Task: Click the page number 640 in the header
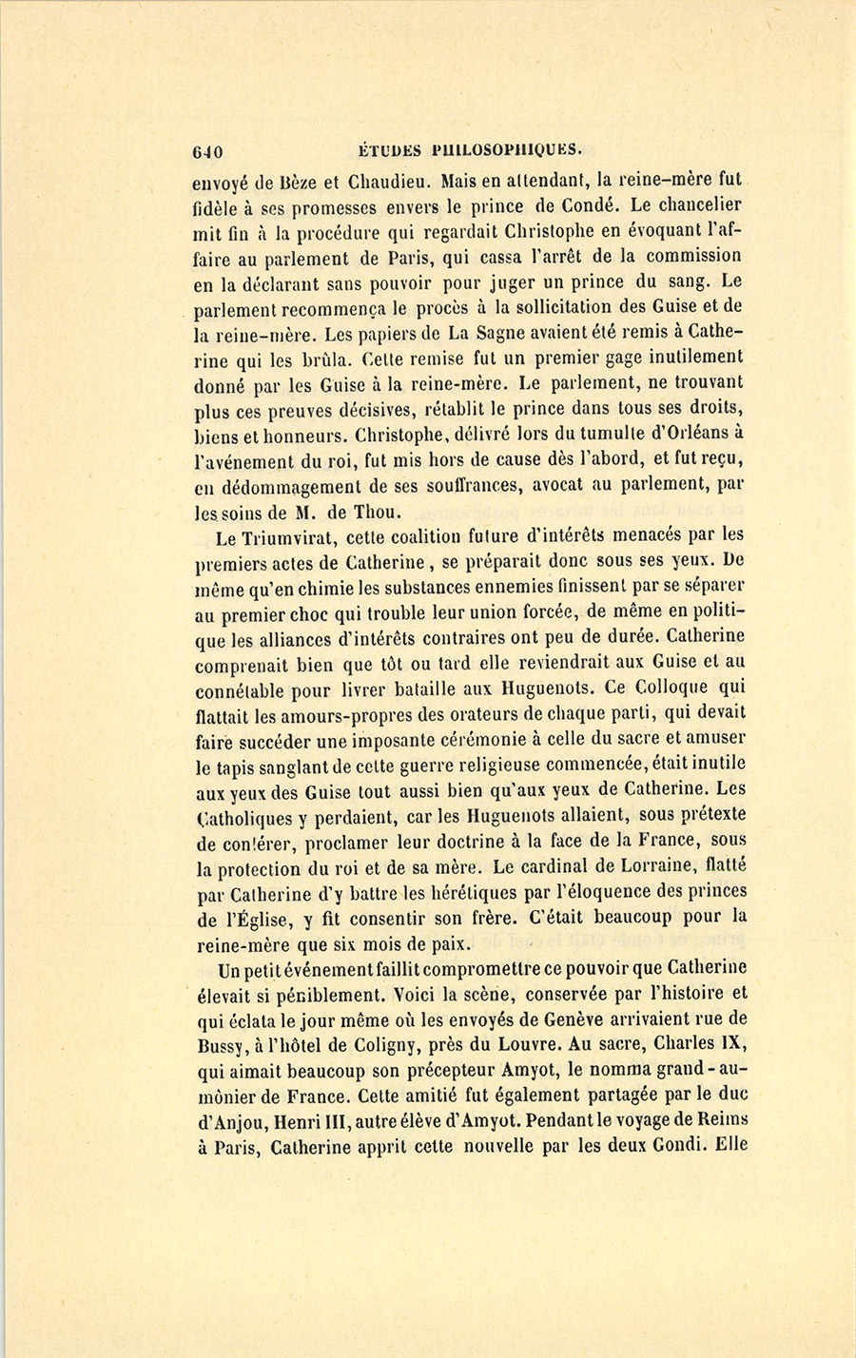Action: (x=207, y=150)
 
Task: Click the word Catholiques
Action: (x=246, y=816)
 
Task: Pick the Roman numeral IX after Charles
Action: (x=733, y=1044)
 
